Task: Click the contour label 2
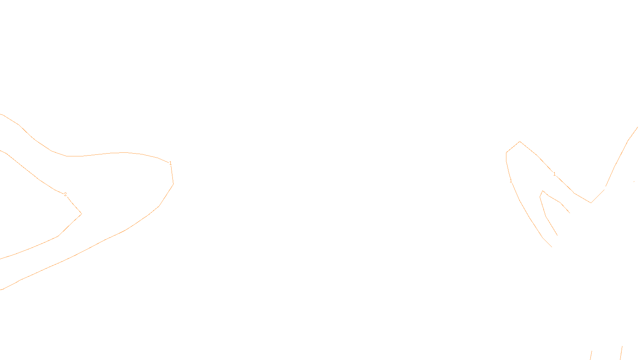65,194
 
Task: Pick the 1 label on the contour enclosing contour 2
170,163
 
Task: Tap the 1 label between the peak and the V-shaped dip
554,174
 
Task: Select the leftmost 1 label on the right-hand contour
511,181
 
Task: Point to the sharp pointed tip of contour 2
82,214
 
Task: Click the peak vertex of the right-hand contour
520,142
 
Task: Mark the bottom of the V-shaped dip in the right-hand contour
591,203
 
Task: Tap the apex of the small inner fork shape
542,191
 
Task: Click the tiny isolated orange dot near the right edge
634,182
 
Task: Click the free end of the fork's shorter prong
570,213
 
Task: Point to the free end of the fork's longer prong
557,235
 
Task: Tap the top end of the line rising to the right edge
638,127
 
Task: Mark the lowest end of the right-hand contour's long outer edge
552,247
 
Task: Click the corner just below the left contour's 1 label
173,184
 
